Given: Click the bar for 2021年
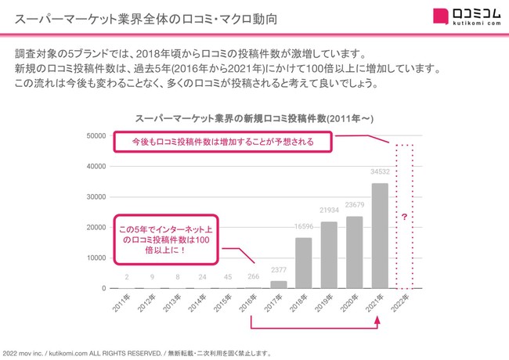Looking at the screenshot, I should pyautogui.click(x=380, y=236).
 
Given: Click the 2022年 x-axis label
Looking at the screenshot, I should pyautogui.click(x=403, y=304).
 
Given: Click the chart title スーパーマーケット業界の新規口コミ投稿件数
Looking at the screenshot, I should pyautogui.click(x=248, y=117).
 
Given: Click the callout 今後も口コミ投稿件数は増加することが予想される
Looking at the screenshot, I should pyautogui.click(x=222, y=142).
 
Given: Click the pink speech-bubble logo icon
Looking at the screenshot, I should pyautogui.click(x=442, y=16).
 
